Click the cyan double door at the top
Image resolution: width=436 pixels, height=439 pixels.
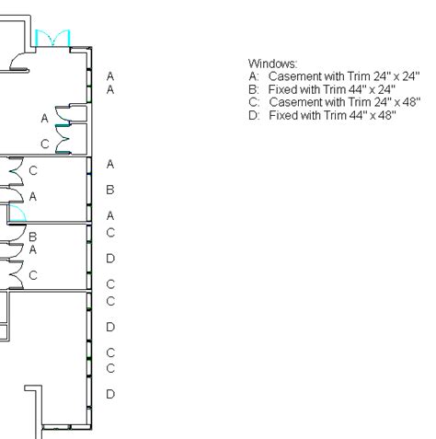tap(52, 39)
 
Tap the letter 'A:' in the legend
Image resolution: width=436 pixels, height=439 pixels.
tap(254, 76)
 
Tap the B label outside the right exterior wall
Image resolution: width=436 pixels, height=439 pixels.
tap(110, 191)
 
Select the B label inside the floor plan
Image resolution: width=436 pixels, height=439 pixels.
tap(32, 237)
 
